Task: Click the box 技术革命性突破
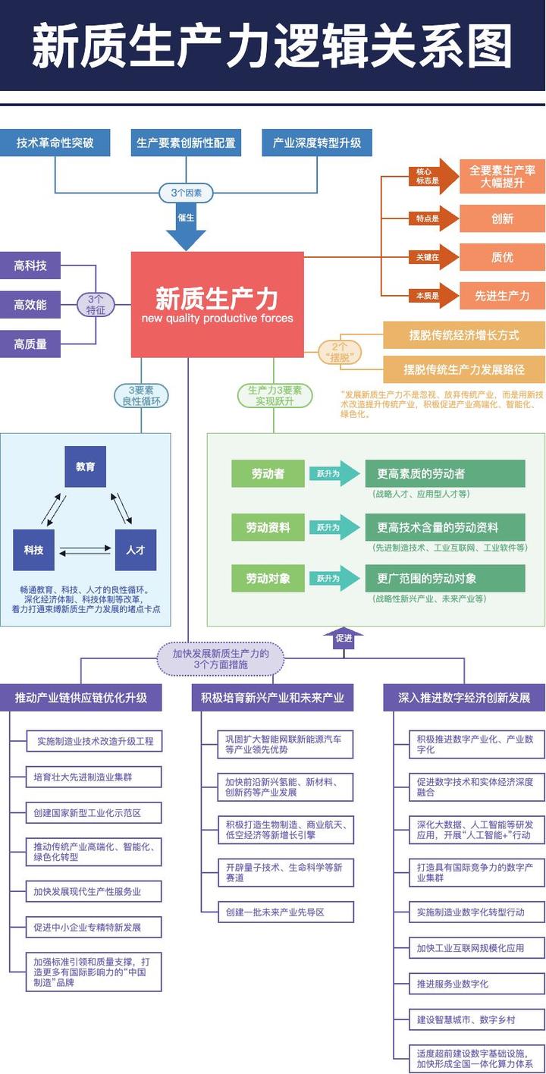click(x=55, y=143)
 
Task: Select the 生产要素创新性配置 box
click(x=186, y=143)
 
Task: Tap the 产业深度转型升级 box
click(x=317, y=143)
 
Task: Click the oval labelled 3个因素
click(x=186, y=193)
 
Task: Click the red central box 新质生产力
click(x=217, y=304)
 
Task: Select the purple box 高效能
click(x=30, y=305)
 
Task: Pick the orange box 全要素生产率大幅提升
click(x=502, y=177)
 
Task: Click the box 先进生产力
click(x=502, y=296)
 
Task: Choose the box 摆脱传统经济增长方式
click(x=464, y=334)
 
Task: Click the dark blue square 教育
click(x=86, y=466)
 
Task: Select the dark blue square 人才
click(x=135, y=550)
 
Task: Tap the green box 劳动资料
click(x=268, y=527)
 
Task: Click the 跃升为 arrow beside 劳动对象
click(x=334, y=579)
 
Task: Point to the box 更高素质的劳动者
click(x=445, y=474)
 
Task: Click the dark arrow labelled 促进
click(x=344, y=638)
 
